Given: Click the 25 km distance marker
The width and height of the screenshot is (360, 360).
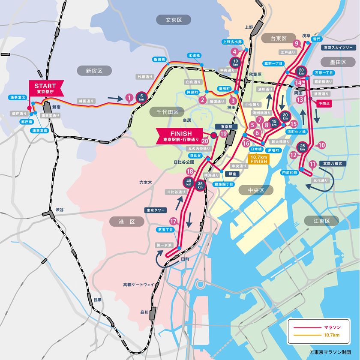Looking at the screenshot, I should (x=303, y=147).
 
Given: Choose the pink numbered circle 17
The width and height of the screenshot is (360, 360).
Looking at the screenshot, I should (x=173, y=222).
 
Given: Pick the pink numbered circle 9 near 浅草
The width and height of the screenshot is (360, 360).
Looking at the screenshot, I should (x=296, y=43).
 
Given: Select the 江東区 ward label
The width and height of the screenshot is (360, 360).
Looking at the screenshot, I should (x=321, y=221).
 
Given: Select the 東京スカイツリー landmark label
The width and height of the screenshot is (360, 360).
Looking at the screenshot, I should (x=337, y=48).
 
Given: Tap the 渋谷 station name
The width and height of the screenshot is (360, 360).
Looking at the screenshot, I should (x=59, y=210).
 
